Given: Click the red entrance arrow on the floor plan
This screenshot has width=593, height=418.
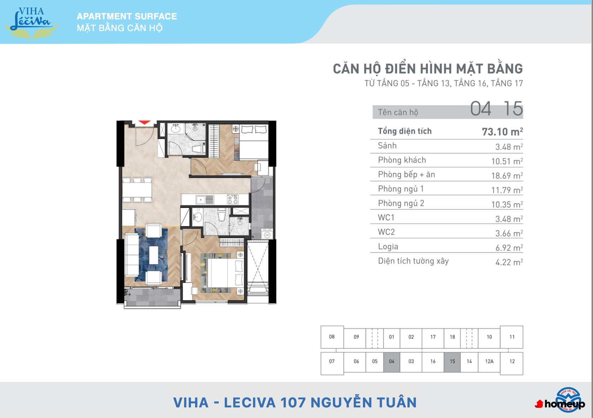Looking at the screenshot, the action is point(145,122).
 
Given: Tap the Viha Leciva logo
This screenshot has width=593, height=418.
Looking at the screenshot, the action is point(31,23).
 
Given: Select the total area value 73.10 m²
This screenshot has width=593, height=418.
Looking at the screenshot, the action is point(502,132).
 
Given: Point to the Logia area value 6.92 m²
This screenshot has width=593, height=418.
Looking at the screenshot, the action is point(509,248).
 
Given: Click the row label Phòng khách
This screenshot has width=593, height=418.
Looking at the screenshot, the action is point(402,160).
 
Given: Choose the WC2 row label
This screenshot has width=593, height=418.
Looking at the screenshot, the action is point(386,232).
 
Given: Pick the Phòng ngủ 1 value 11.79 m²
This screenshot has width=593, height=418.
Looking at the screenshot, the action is point(507,190).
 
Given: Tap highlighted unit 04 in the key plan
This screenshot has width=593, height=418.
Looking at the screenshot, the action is point(392,361).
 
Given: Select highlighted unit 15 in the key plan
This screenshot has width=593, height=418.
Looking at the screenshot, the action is point(452,361).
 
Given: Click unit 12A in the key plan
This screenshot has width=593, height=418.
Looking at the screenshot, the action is point(489,361).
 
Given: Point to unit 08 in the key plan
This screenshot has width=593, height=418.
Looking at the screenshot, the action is point(332,337).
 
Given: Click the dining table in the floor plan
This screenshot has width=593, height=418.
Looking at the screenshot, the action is point(137,190).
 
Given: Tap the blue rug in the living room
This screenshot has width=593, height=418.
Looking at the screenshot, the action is point(151,255).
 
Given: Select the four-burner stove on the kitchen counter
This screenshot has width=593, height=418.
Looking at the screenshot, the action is point(233,199).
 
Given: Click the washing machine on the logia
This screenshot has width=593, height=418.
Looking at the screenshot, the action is point(267,234).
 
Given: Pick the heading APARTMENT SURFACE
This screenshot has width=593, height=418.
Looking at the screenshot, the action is point(127,16).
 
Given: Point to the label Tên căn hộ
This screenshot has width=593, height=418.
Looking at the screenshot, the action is point(398,112).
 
